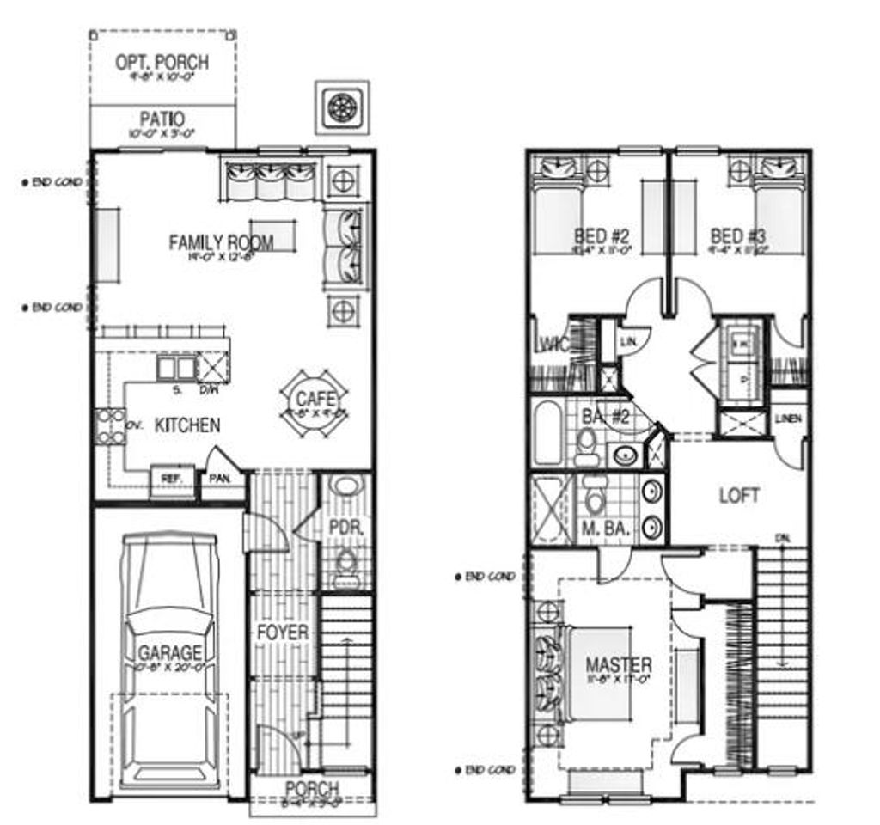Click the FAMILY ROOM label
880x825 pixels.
point(221,242)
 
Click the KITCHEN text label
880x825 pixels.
point(186,425)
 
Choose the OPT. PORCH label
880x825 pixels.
point(162,63)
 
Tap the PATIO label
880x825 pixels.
point(162,119)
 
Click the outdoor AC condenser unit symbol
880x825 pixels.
point(342,107)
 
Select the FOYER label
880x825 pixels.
point(282,632)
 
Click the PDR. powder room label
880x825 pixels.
point(347,527)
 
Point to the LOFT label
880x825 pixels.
point(739,496)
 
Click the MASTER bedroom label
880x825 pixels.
point(618,664)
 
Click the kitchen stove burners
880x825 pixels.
point(110,427)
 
